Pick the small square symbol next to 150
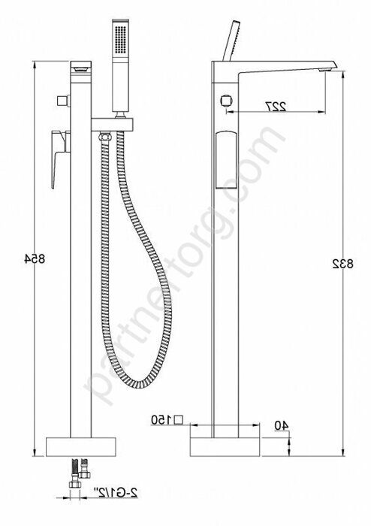click(x=178, y=419)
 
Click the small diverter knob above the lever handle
click(x=61, y=101)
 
